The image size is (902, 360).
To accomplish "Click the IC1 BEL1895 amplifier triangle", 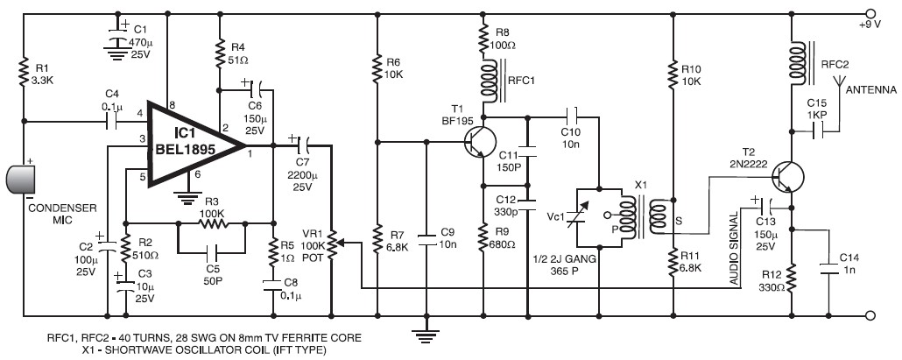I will coord(193,143).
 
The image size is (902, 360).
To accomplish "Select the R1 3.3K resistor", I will coord(25,71).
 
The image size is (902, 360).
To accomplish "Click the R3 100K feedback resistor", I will coord(210,224).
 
